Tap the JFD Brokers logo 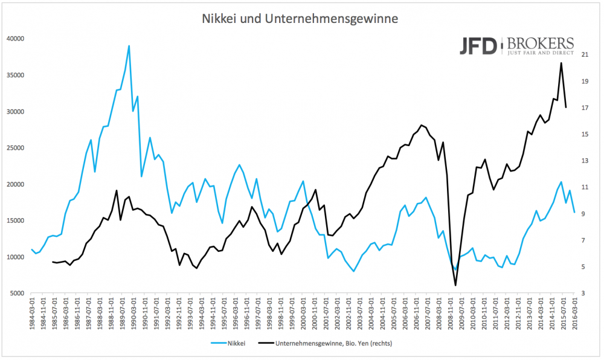[x=516, y=45]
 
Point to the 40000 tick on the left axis [x=14, y=39]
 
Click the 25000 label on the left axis [x=14, y=148]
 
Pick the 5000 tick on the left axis [x=16, y=293]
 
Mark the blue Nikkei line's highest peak [x=129, y=45]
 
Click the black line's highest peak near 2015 [x=561, y=63]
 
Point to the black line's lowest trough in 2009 [x=455, y=285]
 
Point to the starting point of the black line [x=53, y=262]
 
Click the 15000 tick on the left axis [x=14, y=220]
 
